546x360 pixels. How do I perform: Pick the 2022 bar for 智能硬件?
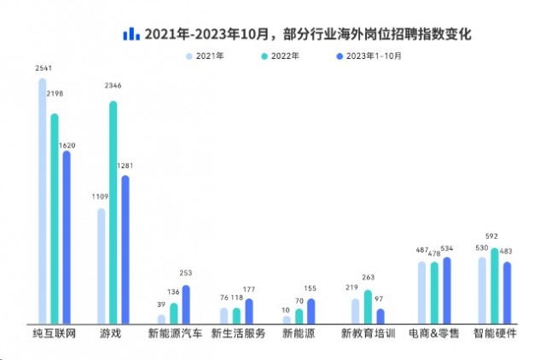494,285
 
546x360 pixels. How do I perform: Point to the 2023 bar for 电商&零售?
447,290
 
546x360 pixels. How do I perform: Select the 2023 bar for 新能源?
311,311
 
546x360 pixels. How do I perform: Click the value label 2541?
42,67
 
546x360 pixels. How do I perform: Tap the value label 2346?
113,90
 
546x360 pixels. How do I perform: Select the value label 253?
186,273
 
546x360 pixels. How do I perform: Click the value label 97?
380,298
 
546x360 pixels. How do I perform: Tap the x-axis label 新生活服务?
239,334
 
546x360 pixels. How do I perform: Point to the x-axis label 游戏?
111,334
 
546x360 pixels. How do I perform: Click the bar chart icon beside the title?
131,34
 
